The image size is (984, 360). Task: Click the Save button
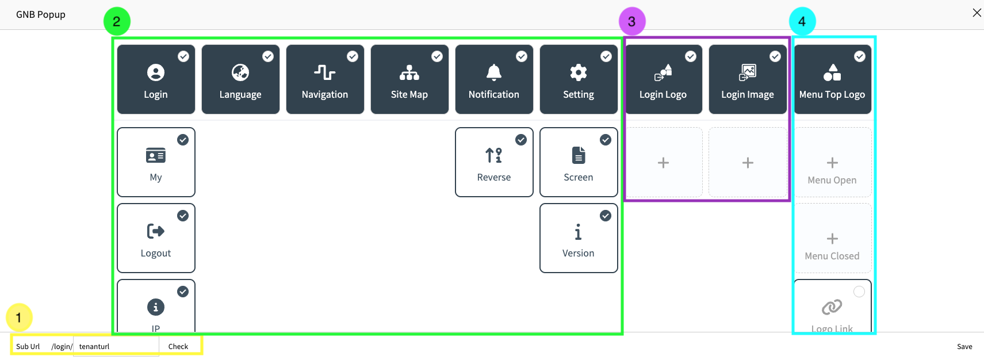964,346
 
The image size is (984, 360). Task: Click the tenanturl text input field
116,346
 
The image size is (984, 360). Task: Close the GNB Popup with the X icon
977,13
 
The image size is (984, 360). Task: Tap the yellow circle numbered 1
19,317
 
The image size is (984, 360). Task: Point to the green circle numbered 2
117,21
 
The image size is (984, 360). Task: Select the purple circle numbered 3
632,21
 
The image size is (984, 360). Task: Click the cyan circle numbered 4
802,21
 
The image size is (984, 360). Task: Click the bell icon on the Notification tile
494,72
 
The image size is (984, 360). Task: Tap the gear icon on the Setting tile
579,72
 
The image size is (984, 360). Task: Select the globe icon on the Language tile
240,72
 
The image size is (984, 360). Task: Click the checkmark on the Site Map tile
437,56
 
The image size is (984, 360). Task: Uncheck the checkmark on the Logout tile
183,216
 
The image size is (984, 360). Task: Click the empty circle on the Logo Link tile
859,292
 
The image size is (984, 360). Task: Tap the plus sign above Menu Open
832,163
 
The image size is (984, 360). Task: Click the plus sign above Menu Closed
832,239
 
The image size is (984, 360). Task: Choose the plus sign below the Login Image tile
748,163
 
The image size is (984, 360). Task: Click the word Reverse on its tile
494,177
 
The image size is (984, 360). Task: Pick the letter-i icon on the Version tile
578,232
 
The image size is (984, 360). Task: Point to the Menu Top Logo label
832,94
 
